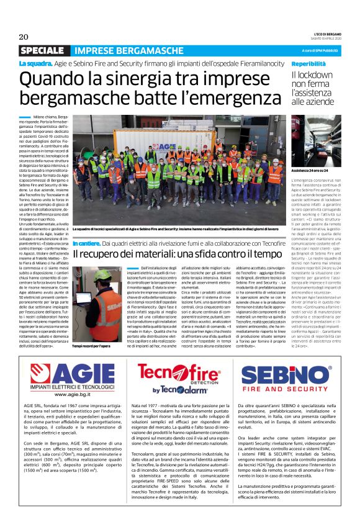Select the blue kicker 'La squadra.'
(35, 63)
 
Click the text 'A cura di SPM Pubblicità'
(320, 50)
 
